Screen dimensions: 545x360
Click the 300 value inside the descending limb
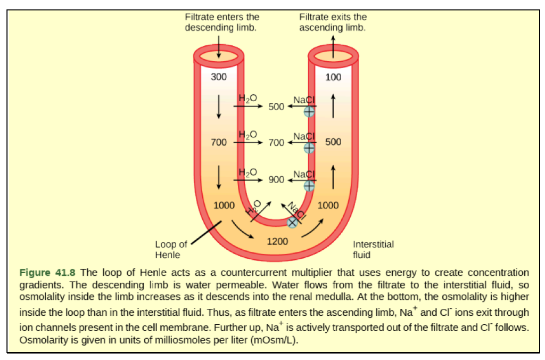tap(218, 77)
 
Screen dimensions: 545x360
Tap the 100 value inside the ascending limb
tap(333, 77)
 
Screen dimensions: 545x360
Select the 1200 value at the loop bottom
tap(277, 242)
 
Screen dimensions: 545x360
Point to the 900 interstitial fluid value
tap(276, 179)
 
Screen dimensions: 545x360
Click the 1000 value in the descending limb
tap(224, 205)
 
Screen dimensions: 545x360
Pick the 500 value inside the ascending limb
tap(333, 142)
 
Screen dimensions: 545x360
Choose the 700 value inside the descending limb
tap(218, 142)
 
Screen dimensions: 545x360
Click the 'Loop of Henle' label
tap(171, 249)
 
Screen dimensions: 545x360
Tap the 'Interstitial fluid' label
tap(373, 249)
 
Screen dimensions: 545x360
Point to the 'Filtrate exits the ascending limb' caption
tap(333, 22)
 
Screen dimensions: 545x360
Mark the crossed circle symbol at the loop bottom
tap(292, 223)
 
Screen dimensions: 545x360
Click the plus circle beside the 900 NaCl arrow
tap(309, 185)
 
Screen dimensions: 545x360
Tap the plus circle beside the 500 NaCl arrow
tap(309, 111)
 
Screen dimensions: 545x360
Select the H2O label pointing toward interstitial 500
tap(247, 99)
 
